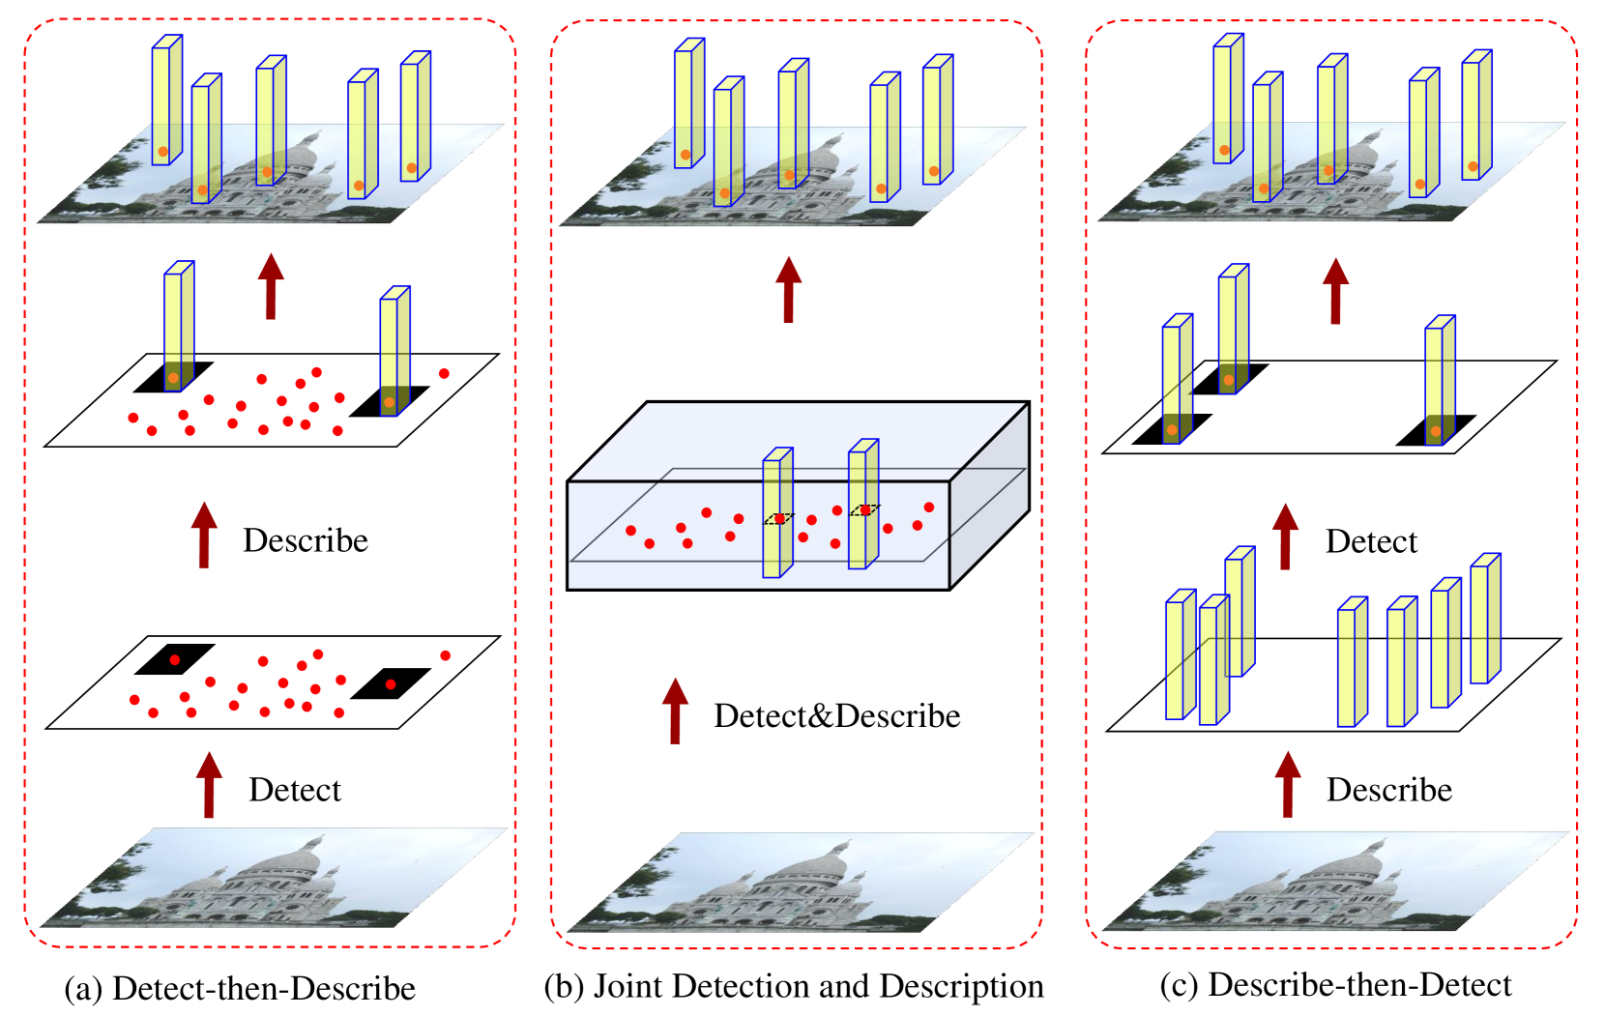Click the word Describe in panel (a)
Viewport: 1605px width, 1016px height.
(305, 540)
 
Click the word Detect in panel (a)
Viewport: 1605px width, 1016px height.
(294, 790)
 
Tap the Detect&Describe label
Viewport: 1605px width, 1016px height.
(836, 716)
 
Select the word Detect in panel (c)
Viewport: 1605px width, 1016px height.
(1370, 541)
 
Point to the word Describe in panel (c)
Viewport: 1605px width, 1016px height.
(1388, 790)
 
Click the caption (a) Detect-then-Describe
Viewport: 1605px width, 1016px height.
(240, 988)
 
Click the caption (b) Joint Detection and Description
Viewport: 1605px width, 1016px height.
(794, 986)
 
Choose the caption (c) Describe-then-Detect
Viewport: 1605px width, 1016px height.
(1335, 984)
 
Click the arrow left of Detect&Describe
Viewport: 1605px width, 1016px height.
(675, 711)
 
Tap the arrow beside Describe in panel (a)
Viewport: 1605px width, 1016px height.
(204, 535)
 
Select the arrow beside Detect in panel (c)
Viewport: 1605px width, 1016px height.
(1285, 537)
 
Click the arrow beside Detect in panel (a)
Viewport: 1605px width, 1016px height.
(209, 785)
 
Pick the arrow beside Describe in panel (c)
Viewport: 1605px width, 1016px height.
(1287, 785)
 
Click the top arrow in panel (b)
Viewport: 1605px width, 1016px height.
(789, 289)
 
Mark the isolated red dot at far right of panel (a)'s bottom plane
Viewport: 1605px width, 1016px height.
(446, 655)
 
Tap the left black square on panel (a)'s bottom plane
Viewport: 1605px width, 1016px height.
(174, 659)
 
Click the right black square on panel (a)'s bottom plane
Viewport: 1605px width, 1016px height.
(390, 683)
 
